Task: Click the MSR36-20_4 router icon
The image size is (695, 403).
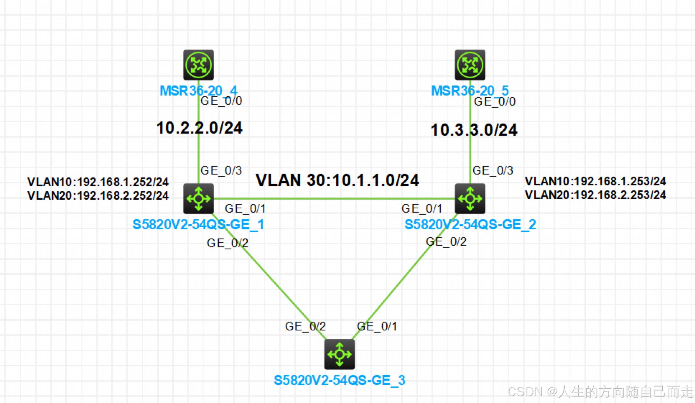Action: coord(199,65)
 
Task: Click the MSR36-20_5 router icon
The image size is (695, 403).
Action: coord(470,65)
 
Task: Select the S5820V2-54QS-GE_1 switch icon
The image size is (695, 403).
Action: coord(199,198)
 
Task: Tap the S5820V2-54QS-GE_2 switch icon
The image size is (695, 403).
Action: coord(470,198)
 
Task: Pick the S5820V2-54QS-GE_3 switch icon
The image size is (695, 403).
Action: coord(340,354)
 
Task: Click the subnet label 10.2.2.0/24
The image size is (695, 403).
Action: coord(200,128)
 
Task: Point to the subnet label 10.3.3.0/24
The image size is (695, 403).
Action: coord(474,130)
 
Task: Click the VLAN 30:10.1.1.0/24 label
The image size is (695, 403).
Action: coord(337,180)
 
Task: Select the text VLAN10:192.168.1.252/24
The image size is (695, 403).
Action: coord(98,182)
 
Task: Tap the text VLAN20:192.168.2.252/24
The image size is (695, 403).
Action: coord(98,196)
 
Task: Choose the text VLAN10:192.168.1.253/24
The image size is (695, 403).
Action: coord(596,181)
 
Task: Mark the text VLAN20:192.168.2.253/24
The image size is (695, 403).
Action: coord(596,195)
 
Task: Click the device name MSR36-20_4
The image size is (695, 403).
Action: coord(199,91)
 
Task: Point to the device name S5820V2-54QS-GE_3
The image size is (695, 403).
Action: coord(340,380)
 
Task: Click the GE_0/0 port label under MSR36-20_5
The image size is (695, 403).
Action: coord(495,102)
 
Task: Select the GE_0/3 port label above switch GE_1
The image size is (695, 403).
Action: coord(221,170)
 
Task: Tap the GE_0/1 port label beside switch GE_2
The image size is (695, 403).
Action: coord(422,208)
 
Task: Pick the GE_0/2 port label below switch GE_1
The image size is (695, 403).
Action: coord(228,243)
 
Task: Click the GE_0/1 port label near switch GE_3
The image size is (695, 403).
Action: coord(377,326)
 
